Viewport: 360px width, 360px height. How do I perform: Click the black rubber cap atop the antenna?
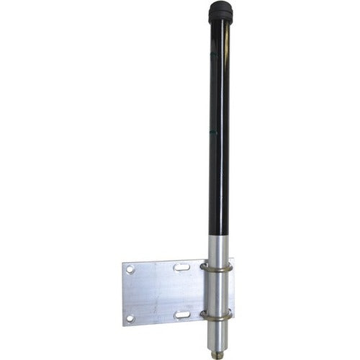[x=220, y=12]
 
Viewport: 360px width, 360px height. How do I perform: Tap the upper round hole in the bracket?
[x=130, y=269]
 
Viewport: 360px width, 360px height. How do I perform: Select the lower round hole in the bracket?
[x=130, y=318]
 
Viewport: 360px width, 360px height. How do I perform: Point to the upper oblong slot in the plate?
[x=181, y=267]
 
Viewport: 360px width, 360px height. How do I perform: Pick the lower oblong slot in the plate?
[x=181, y=315]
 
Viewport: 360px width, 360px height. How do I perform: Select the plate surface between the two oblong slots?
[x=181, y=291]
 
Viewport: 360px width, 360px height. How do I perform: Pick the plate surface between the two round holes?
[x=130, y=293]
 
